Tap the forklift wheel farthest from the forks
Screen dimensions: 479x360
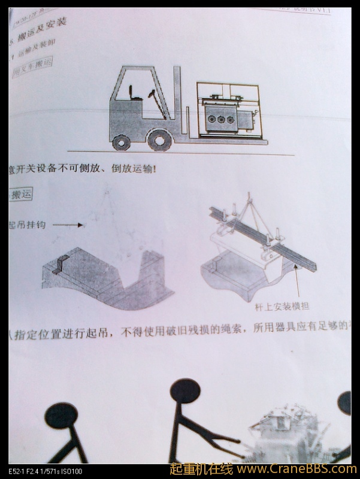[121, 142]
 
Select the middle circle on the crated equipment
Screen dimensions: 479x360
[220, 119]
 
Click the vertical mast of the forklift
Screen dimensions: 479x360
[177, 102]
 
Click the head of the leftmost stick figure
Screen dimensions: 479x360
[60, 416]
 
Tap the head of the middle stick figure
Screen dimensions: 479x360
[184, 390]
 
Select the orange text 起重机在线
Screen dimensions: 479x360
[201, 469]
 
